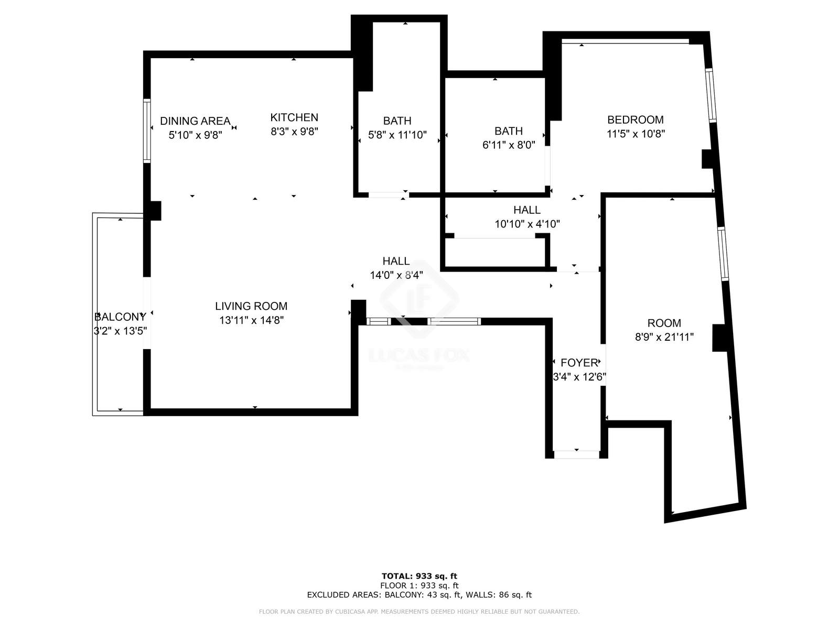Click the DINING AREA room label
[x=195, y=121]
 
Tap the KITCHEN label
[x=294, y=117]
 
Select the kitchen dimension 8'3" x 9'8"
[x=294, y=132]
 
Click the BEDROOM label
[x=635, y=120]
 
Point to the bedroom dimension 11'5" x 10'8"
[x=636, y=134]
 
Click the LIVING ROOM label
[x=251, y=306]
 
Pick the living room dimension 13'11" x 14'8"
[x=252, y=320]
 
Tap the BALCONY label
[x=120, y=317]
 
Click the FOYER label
[x=579, y=363]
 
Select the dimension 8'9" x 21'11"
[x=664, y=337]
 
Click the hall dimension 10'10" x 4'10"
[x=527, y=224]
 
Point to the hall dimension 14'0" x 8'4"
[x=396, y=275]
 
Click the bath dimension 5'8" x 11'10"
[x=397, y=135]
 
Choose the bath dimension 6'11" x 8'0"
[x=509, y=145]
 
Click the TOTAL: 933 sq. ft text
[x=419, y=576]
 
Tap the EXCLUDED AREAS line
[x=419, y=594]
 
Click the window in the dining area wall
[x=147, y=131]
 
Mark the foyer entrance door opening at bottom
[x=576, y=454]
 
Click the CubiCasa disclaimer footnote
[x=419, y=611]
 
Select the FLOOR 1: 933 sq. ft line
[x=419, y=585]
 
